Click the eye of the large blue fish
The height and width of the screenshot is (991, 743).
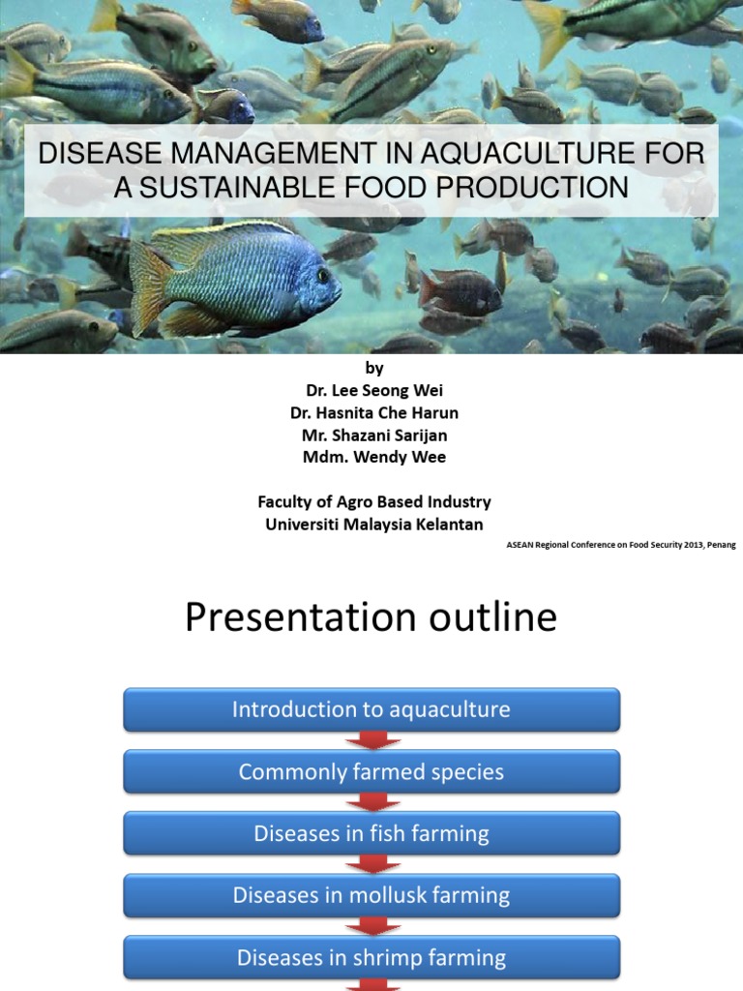pyautogui.click(x=321, y=274)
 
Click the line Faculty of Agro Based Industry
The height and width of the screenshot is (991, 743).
pyautogui.click(x=373, y=501)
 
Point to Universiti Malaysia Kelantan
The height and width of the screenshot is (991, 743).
pyautogui.click(x=373, y=524)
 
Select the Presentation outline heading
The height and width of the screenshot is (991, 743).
pyautogui.click(x=371, y=617)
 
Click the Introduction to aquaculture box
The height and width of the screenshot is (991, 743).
pyautogui.click(x=371, y=710)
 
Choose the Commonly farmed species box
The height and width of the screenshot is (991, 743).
pyautogui.click(x=371, y=772)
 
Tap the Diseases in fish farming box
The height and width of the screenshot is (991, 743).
pyautogui.click(x=371, y=833)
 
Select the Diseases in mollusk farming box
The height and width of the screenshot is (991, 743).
pyautogui.click(x=371, y=895)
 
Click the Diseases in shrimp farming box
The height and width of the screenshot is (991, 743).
pyautogui.click(x=371, y=958)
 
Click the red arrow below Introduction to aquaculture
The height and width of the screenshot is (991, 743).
pyautogui.click(x=371, y=741)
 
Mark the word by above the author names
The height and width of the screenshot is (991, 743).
pyautogui.click(x=373, y=368)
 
